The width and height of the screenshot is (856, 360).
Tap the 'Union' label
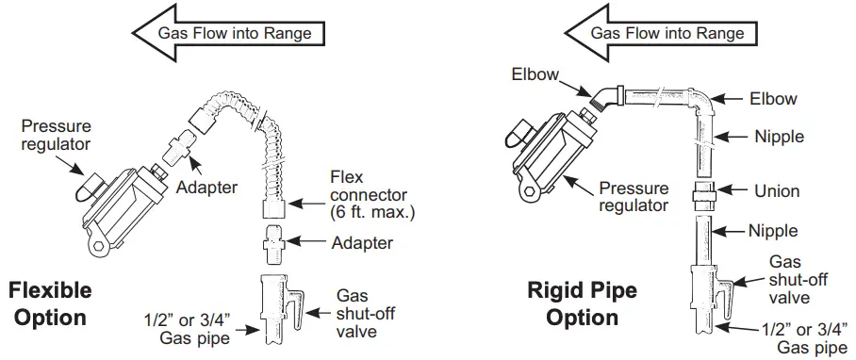coord(777,190)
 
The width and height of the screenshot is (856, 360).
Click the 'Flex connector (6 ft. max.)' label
coord(368,194)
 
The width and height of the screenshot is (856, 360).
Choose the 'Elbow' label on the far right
coord(773,98)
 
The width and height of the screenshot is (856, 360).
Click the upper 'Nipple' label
coord(779,137)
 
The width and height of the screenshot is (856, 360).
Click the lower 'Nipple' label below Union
coord(772,230)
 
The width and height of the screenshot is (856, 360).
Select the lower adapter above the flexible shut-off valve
coord(273,243)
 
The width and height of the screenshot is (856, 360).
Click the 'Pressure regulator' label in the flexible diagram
coord(56,134)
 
